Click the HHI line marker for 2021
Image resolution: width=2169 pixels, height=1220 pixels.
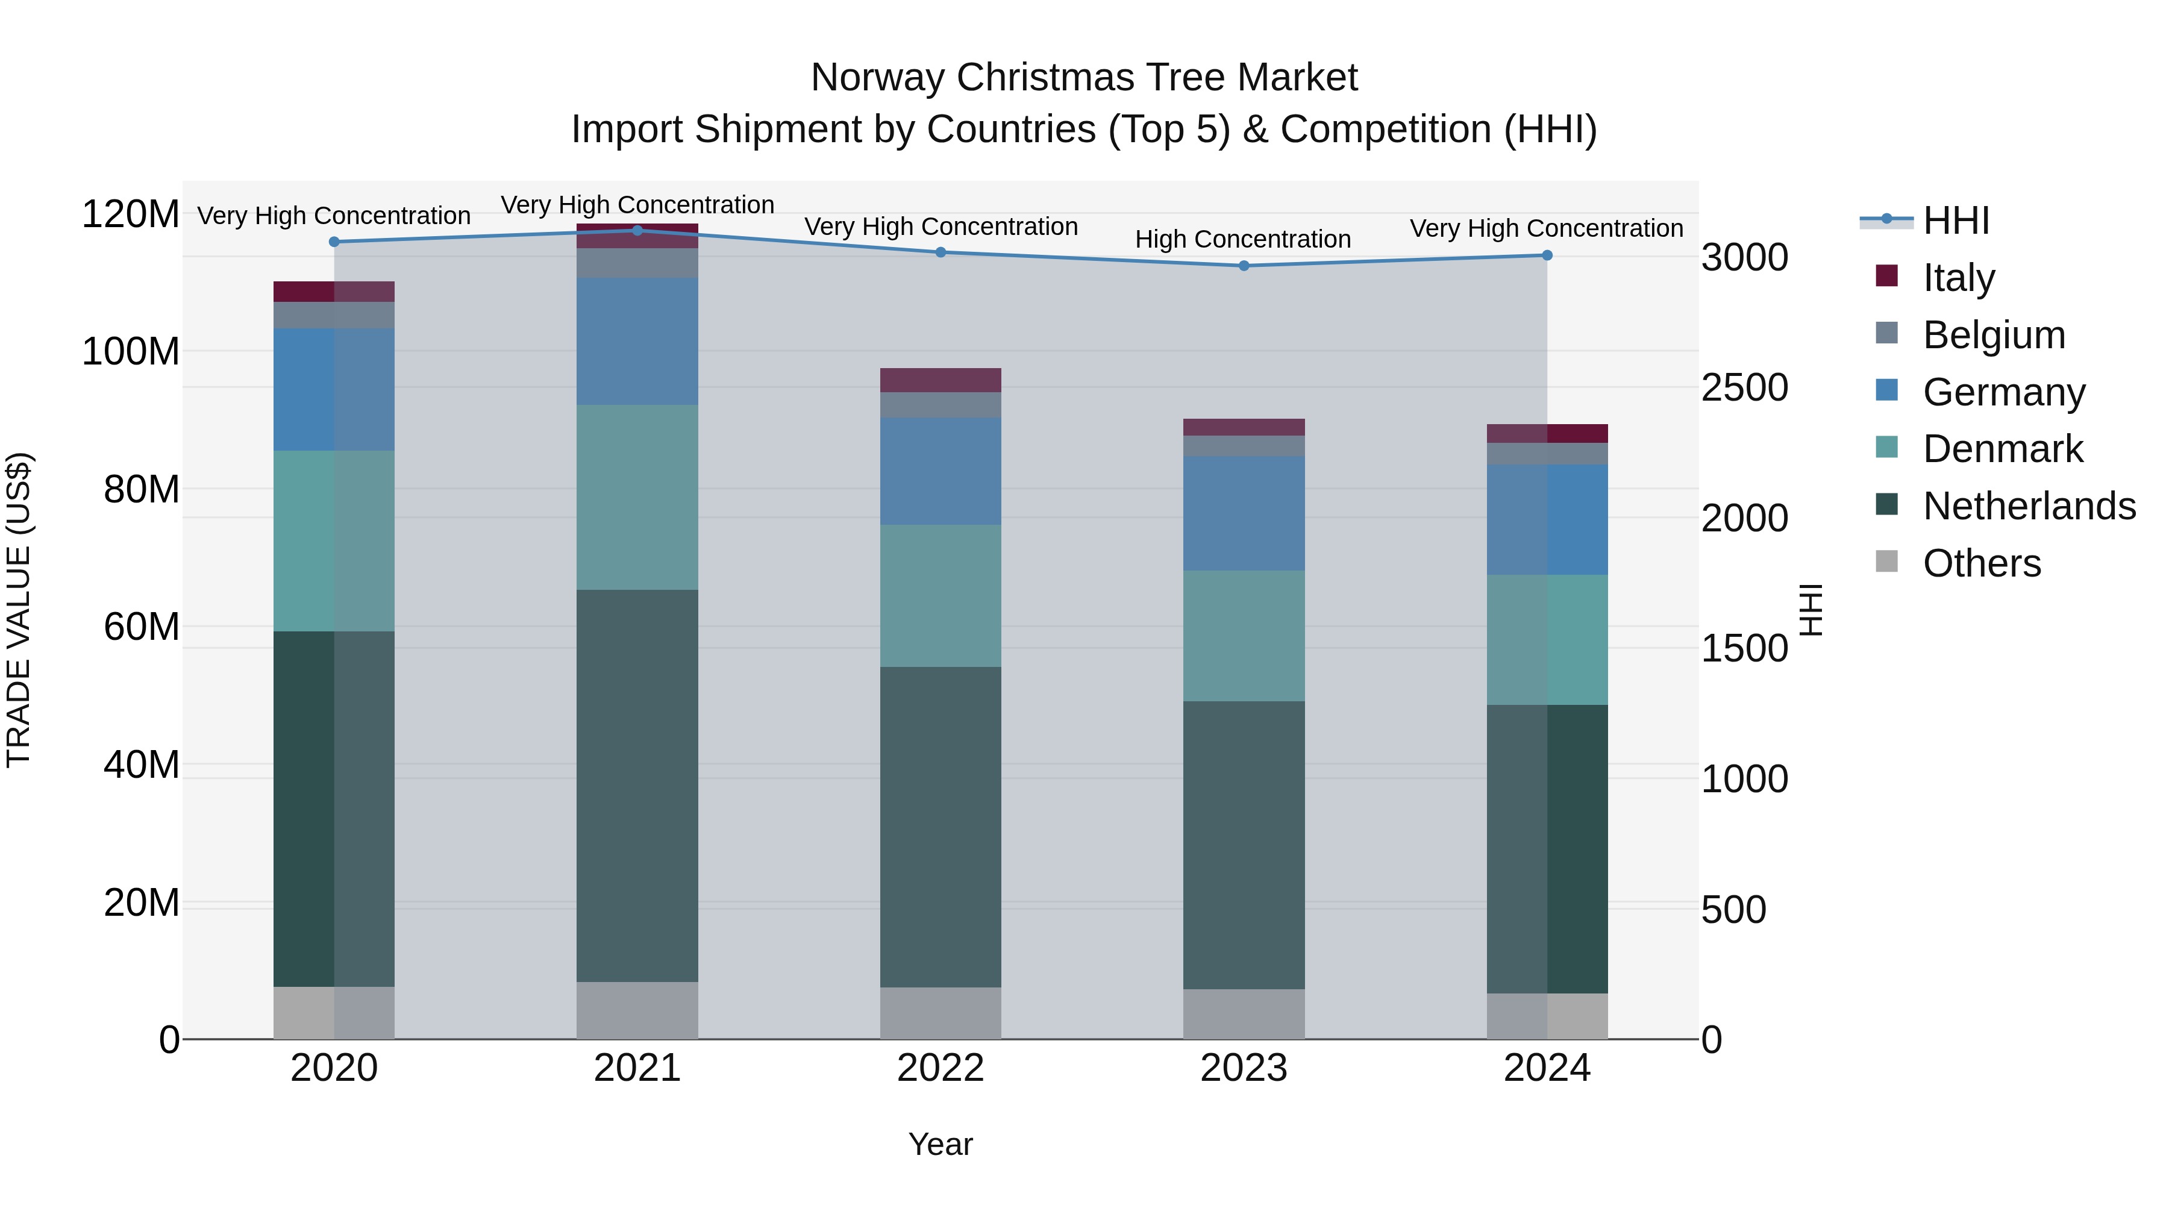point(637,231)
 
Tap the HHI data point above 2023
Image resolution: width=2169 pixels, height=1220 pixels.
point(1244,266)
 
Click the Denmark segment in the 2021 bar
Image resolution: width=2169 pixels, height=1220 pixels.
point(637,497)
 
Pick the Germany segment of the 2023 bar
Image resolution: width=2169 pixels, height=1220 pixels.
point(1244,513)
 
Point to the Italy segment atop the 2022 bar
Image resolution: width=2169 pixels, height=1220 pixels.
point(941,380)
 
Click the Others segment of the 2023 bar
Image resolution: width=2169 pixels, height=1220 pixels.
point(1244,1014)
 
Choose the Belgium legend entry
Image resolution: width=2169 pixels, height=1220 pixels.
point(1994,335)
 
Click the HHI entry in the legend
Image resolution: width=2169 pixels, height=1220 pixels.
point(1956,221)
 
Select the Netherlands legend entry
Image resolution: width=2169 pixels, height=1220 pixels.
point(2029,506)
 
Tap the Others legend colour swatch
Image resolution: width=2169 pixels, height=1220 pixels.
point(1887,562)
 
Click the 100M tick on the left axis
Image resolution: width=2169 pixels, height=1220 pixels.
point(131,351)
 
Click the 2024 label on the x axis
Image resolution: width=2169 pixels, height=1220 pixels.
point(1547,1068)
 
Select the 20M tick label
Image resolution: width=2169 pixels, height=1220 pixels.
point(142,902)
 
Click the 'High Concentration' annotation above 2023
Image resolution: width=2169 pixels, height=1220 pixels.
point(1243,239)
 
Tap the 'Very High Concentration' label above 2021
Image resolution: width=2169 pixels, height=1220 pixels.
point(637,205)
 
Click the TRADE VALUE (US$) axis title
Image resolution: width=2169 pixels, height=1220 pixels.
point(19,610)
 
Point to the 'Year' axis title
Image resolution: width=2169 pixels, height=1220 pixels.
point(941,1144)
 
